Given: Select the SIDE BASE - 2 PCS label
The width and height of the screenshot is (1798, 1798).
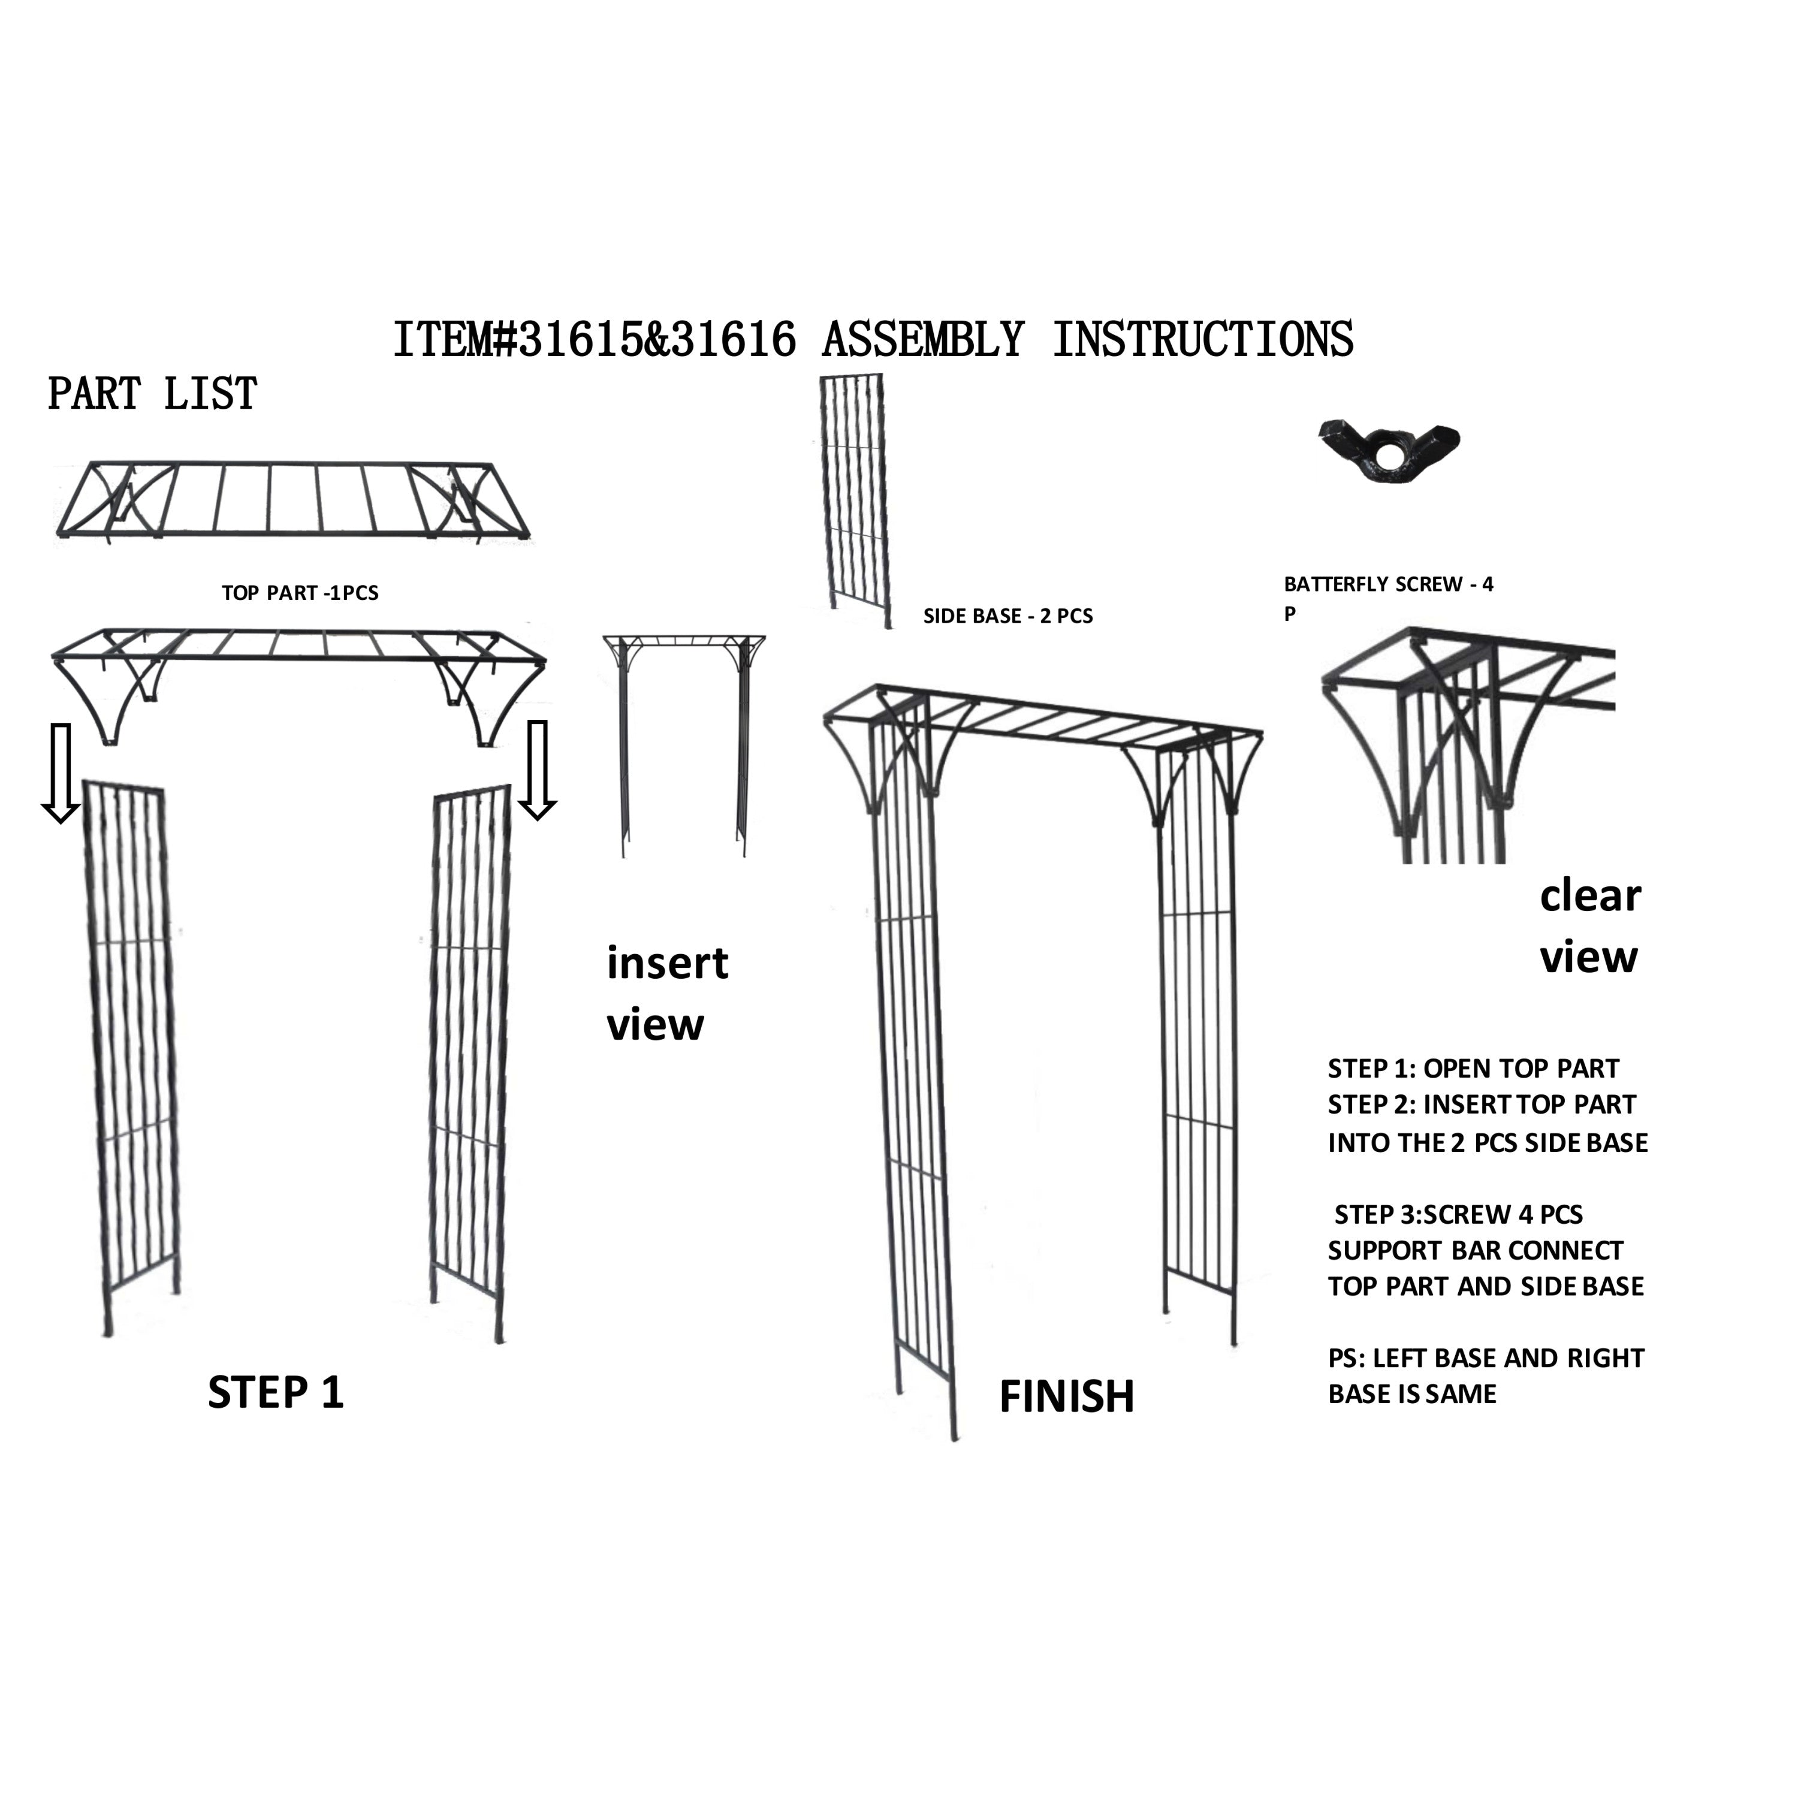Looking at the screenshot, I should [x=1008, y=616].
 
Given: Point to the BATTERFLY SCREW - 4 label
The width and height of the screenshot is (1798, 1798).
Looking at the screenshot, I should [x=1389, y=584].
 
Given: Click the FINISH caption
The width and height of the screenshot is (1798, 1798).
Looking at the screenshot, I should [x=1067, y=1397].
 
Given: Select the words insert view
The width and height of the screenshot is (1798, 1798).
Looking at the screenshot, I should [x=666, y=994].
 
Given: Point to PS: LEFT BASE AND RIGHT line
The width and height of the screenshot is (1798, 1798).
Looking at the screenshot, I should [x=1486, y=1358].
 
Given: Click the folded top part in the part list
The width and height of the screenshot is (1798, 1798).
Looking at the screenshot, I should [x=293, y=500].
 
